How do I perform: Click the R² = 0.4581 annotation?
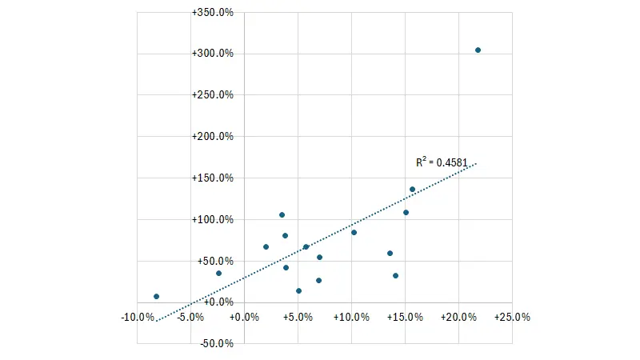pos(442,162)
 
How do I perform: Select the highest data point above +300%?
pos(478,50)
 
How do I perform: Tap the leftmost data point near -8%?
pos(157,297)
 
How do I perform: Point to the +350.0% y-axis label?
pos(213,13)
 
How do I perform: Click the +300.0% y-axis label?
pos(213,54)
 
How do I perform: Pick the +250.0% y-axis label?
pos(213,95)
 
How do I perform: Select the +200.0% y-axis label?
pos(213,137)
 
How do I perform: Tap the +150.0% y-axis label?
pos(213,178)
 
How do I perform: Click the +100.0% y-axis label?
pos(213,220)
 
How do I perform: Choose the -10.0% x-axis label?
pos(138,317)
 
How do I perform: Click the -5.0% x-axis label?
pos(191,317)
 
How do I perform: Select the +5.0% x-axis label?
pos(298,317)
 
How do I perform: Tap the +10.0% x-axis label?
pos(351,317)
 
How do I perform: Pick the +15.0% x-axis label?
pos(405,317)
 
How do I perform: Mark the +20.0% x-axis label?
pos(458,317)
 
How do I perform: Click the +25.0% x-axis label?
pos(512,317)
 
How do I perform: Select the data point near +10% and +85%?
pos(354,233)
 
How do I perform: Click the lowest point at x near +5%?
pos(298,291)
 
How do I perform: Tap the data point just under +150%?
pos(413,190)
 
